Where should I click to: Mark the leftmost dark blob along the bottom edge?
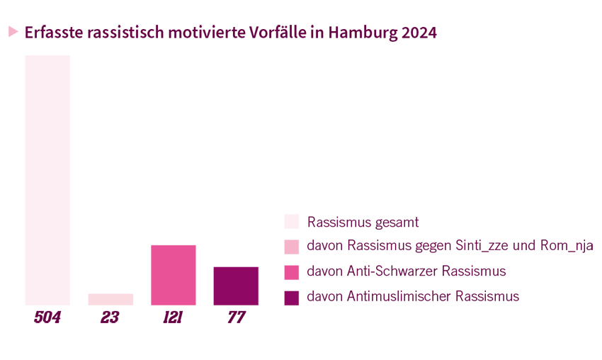click(50, 313)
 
